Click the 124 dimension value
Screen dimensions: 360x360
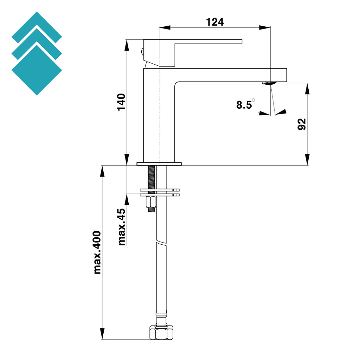click(x=214, y=22)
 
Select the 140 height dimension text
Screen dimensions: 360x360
click(x=121, y=102)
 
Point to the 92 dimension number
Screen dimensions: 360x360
click(x=302, y=124)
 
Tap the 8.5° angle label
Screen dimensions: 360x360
click(x=245, y=104)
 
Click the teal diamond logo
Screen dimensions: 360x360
click(x=37, y=53)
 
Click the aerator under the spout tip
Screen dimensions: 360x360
click(x=269, y=83)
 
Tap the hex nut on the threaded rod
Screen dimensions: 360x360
click(x=151, y=202)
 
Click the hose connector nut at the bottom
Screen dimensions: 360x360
click(x=161, y=332)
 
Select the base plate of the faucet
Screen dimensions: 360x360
click(x=159, y=163)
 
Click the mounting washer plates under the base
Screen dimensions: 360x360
click(x=160, y=192)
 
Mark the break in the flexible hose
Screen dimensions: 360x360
click(x=161, y=243)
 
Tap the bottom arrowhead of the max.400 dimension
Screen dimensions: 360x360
click(x=102, y=334)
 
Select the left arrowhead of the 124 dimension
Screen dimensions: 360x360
click(x=165, y=27)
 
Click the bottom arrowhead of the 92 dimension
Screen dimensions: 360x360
click(x=308, y=160)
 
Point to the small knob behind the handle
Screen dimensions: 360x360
click(x=142, y=51)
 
